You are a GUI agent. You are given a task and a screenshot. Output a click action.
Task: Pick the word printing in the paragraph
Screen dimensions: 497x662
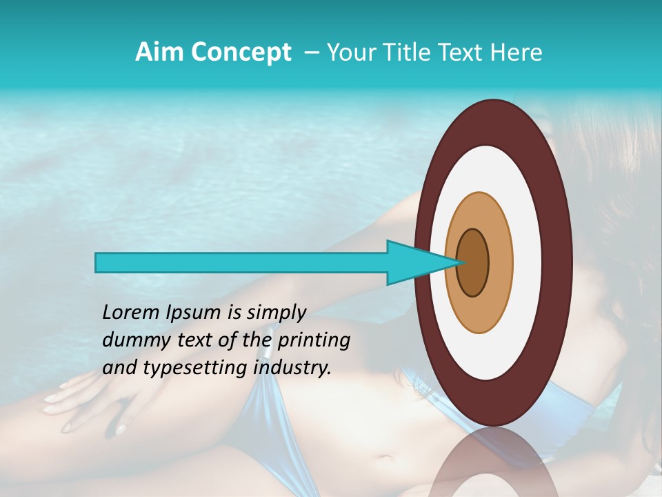coord(314,341)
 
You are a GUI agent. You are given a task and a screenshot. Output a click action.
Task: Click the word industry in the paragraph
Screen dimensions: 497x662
coord(292,368)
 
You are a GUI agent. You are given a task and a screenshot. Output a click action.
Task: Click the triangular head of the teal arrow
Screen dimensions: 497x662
coord(414,262)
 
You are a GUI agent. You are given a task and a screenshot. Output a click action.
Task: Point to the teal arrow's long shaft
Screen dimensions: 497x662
coord(241,262)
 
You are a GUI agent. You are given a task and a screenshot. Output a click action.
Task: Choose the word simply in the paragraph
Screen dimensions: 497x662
coord(276,313)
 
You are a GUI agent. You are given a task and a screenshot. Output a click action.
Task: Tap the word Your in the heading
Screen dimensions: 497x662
coord(351,52)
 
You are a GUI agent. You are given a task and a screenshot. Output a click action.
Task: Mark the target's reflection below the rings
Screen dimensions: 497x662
coord(494,462)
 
